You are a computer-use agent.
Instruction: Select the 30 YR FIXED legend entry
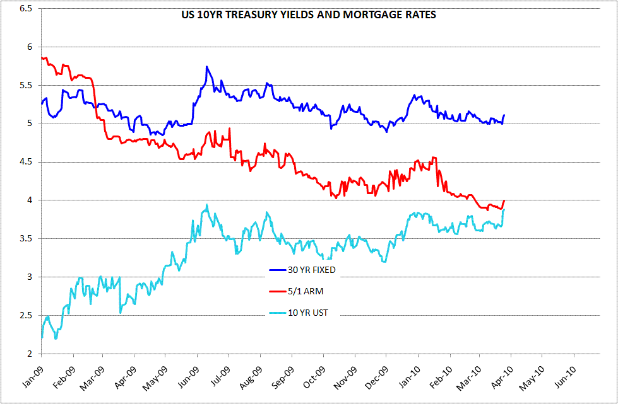pyautogui.click(x=302, y=270)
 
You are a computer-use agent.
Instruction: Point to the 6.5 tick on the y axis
pyautogui.click(x=30, y=9)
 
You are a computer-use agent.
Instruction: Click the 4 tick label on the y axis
pyautogui.click(x=34, y=200)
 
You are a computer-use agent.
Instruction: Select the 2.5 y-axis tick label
pyautogui.click(x=30, y=316)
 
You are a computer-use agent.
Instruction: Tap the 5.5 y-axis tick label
pyautogui.click(x=30, y=85)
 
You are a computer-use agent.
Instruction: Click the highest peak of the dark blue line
pyautogui.click(x=206, y=66)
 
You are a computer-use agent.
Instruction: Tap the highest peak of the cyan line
pyautogui.click(x=207, y=205)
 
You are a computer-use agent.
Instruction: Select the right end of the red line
pyautogui.click(x=504, y=200)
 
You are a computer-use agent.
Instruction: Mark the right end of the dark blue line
pyautogui.click(x=504, y=115)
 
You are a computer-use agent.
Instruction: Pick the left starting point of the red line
pyautogui.click(x=42, y=58)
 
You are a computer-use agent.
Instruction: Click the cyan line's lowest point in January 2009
pyautogui.click(x=56, y=338)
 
